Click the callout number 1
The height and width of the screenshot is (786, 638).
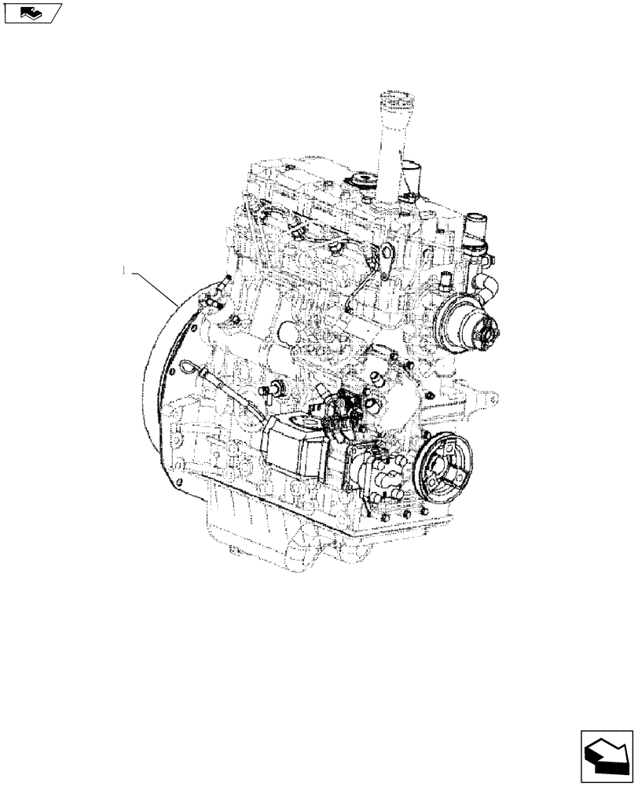125,270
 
